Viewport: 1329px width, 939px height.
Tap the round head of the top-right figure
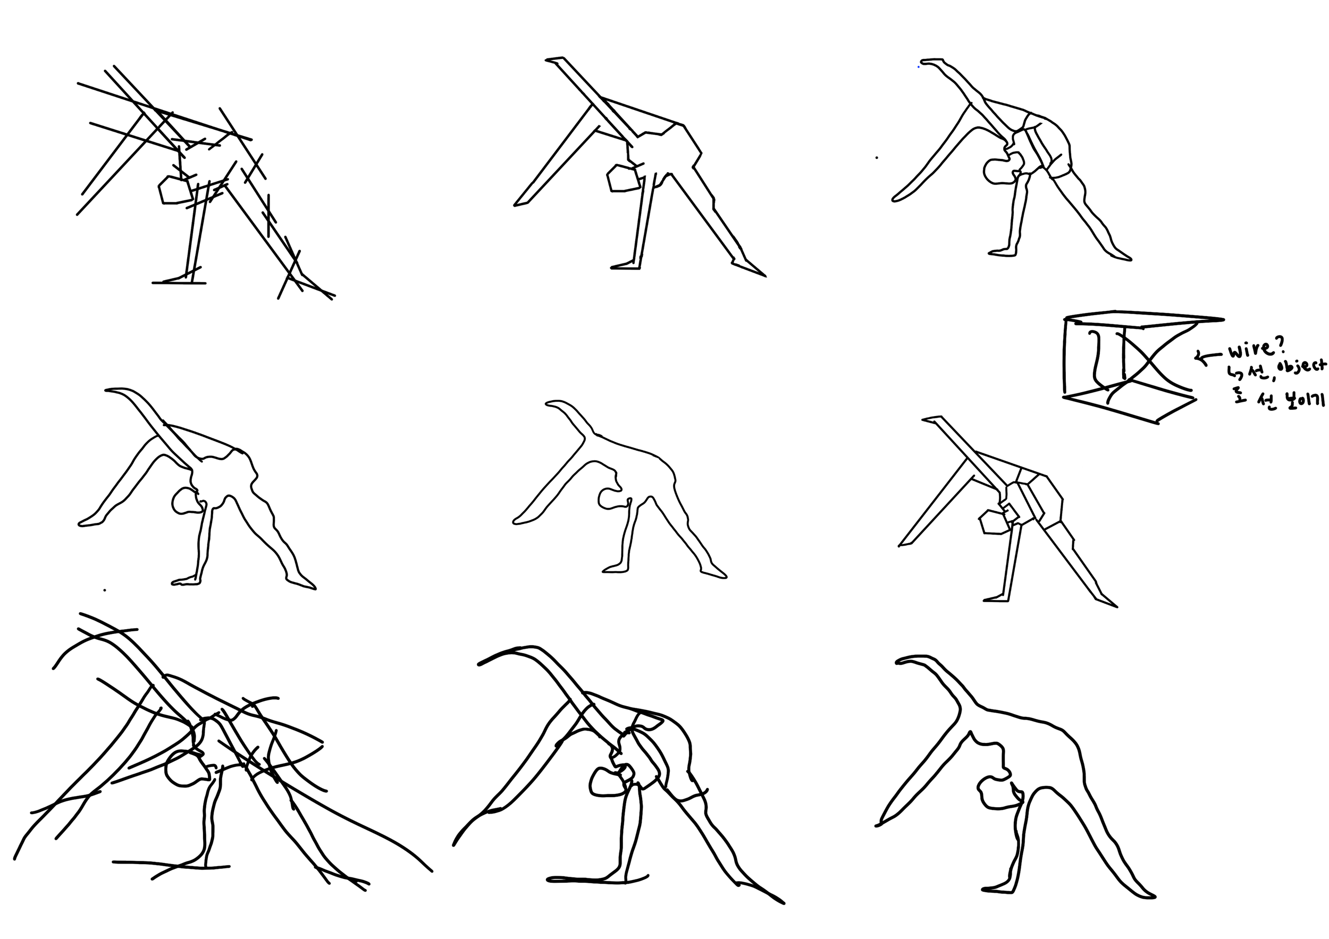point(998,171)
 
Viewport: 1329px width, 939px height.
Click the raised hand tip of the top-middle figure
point(554,60)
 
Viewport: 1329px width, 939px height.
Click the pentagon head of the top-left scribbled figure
point(174,189)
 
